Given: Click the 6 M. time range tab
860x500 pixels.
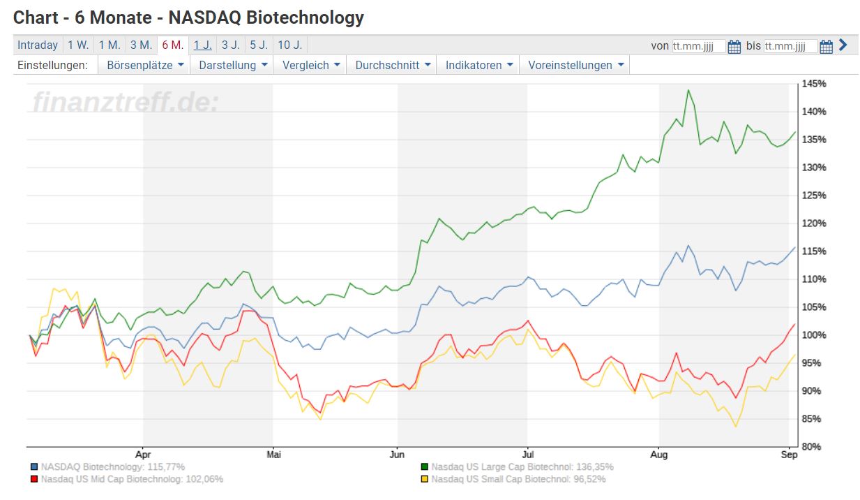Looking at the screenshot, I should tap(173, 45).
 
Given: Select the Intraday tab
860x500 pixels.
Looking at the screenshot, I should tap(38, 45).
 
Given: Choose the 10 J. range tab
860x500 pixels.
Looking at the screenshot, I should tap(289, 45).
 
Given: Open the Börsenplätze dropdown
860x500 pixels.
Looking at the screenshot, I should tap(145, 65).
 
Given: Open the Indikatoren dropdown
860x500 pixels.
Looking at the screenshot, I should tap(480, 65).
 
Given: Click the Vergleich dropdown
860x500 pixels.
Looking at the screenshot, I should tap(311, 65).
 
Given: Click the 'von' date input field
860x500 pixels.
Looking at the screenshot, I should tap(698, 46).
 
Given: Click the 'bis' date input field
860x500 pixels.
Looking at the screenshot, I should tap(790, 46).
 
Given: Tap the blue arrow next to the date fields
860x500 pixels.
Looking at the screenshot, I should tap(843, 45).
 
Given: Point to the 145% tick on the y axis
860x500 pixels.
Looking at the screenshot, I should tap(814, 84).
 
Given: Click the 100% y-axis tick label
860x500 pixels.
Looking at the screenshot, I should tap(814, 335).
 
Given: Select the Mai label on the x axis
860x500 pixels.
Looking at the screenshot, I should tap(274, 455).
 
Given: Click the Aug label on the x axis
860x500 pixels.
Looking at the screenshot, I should tap(659, 455).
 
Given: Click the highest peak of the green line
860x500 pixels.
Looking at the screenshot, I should tap(688, 90).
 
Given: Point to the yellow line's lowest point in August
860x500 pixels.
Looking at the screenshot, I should tap(735, 426).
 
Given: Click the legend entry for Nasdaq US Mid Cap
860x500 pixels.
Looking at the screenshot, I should tap(132, 479).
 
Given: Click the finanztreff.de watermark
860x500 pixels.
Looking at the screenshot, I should tap(126, 103).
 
